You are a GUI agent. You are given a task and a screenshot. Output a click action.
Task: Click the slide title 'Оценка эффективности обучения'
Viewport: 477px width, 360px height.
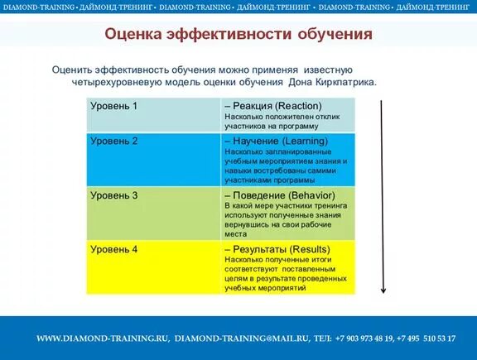(238, 35)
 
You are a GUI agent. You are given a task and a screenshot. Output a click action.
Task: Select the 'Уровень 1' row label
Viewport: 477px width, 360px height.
(113, 106)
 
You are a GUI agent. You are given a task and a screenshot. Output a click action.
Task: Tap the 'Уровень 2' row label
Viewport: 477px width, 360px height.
(113, 141)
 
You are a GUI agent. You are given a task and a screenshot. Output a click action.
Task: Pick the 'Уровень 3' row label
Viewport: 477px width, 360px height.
(113, 195)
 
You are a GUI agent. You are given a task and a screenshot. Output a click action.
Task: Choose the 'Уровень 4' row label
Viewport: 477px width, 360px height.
(113, 249)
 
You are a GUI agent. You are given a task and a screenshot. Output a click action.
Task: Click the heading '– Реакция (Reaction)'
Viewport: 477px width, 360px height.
(272, 106)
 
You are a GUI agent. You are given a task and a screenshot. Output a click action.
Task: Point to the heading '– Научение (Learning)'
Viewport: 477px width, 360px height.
(276, 142)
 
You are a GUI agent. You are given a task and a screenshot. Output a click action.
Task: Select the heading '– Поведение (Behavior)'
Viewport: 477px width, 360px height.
(278, 195)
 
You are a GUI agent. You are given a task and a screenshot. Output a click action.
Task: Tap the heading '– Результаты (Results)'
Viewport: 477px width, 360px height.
(277, 249)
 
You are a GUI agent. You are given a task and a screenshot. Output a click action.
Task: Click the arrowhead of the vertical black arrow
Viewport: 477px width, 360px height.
(383, 290)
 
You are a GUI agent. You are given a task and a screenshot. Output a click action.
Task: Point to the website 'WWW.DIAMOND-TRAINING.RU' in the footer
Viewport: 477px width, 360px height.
(103, 338)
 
